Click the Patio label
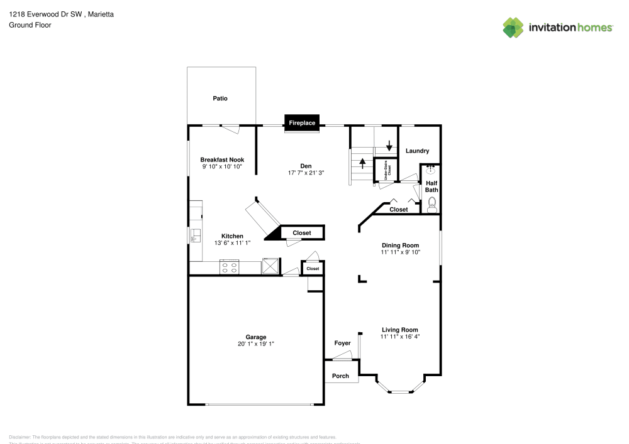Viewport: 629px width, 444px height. click(x=220, y=99)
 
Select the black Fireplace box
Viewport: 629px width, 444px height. click(x=302, y=123)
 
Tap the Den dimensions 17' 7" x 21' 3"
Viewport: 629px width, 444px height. click(x=306, y=173)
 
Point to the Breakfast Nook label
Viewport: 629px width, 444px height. click(x=222, y=160)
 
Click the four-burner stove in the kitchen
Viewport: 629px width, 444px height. click(x=229, y=267)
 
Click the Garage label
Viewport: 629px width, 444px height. click(x=255, y=337)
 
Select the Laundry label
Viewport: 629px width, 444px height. click(x=417, y=151)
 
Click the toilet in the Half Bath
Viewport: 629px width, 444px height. click(x=431, y=203)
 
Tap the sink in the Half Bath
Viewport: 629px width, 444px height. click(x=431, y=170)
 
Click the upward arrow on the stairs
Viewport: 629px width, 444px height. click(x=362, y=163)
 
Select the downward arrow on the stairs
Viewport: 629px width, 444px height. click(x=389, y=146)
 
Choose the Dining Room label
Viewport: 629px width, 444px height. click(x=400, y=245)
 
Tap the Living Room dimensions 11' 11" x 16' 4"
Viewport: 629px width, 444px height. click(x=400, y=337)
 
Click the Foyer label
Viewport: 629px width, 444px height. click(x=342, y=343)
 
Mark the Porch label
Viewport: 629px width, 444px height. click(x=340, y=376)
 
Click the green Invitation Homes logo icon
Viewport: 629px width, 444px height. click(x=513, y=27)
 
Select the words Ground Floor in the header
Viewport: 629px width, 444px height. click(x=30, y=25)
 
